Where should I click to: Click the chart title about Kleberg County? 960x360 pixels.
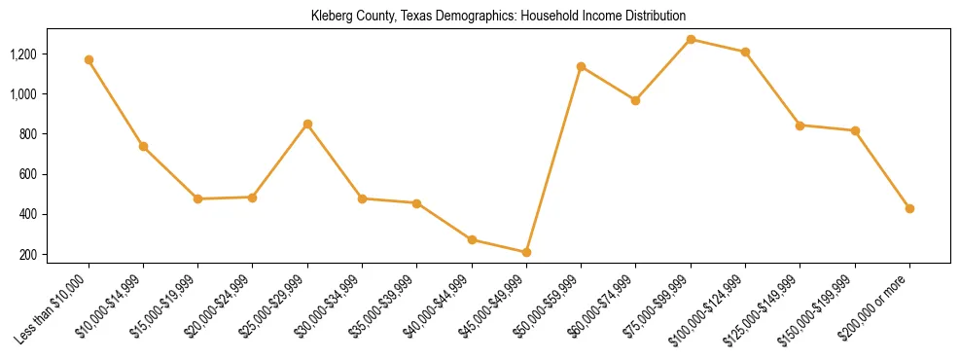coord(498,17)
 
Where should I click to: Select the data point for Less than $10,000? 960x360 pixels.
coord(89,59)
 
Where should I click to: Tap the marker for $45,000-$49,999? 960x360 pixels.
coord(526,252)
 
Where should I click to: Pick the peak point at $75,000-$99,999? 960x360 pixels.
coord(691,39)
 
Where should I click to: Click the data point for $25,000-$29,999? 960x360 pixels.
coord(307,124)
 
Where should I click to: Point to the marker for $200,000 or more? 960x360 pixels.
coord(909,208)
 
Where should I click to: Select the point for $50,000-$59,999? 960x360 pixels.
coord(581,66)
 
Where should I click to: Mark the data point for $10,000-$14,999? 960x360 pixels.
coord(143,146)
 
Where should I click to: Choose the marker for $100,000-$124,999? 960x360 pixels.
coord(745,52)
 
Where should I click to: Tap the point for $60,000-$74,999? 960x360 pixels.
coord(635,100)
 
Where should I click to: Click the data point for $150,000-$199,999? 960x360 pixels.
coord(855,130)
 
